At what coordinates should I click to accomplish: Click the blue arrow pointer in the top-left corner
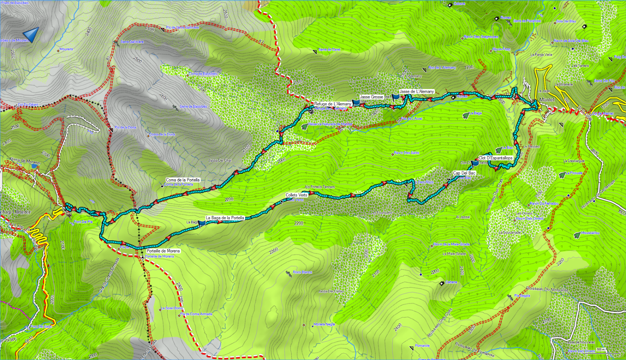click(31, 34)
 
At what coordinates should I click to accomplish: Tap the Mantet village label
click(547, 100)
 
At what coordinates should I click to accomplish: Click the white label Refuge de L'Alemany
click(333, 104)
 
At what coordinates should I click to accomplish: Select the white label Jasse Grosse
click(371, 97)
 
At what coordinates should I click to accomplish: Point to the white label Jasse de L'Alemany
click(417, 92)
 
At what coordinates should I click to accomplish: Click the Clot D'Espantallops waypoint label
click(495, 158)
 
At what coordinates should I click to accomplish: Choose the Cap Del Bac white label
click(464, 173)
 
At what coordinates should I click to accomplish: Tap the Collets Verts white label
click(296, 195)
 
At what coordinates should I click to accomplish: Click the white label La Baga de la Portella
click(225, 218)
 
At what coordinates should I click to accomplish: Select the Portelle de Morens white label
click(163, 251)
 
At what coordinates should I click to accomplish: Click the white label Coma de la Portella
click(183, 180)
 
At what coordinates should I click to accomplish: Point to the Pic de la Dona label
click(125, 128)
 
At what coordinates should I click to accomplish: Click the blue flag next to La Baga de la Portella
click(202, 223)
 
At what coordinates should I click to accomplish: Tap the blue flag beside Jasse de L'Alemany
click(396, 97)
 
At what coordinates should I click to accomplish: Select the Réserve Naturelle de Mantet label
click(330, 124)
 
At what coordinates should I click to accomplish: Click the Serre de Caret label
click(329, 50)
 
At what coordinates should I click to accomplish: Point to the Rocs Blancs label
click(302, 272)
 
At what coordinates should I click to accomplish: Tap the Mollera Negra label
click(324, 324)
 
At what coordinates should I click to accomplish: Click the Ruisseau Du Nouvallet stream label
click(547, 289)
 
